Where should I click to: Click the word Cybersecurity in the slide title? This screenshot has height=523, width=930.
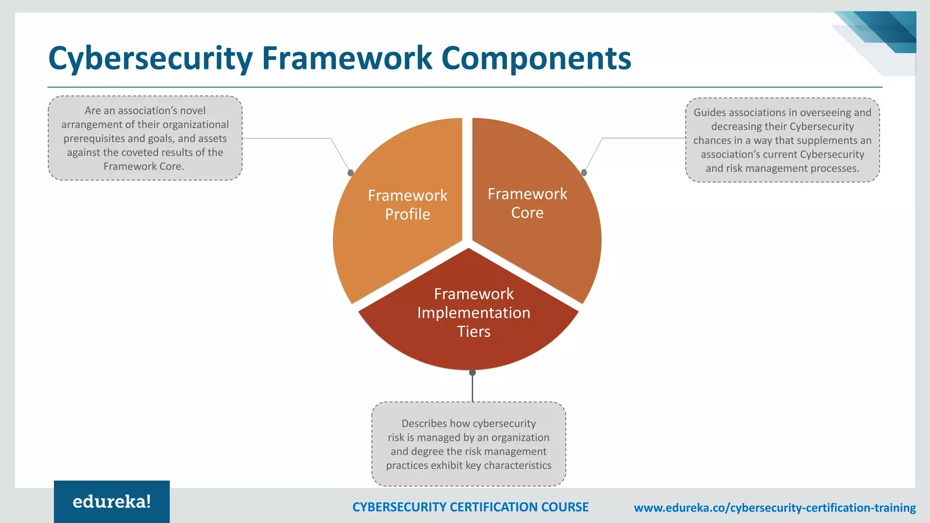pos(150,59)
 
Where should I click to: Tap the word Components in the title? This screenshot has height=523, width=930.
pos(536,59)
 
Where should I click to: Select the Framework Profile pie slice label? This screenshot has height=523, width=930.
pos(407,205)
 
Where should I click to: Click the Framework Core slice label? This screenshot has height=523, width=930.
pos(527,203)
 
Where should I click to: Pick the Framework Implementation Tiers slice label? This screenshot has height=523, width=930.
pos(474,312)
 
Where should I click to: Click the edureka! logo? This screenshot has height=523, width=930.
pos(112,502)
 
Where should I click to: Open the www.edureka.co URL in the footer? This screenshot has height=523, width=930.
pos(775,508)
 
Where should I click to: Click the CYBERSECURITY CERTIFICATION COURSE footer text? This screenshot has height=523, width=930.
pos(470,507)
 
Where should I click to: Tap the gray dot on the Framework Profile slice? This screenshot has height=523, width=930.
pos(351,173)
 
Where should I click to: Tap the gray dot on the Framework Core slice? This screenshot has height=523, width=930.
pos(584,173)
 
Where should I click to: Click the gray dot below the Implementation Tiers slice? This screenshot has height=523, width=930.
pos(472,373)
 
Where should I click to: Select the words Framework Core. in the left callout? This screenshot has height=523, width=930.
pos(143,167)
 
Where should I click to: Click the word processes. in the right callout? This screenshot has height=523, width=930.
pos(835,168)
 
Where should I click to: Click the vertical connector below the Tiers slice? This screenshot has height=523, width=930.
pos(472,389)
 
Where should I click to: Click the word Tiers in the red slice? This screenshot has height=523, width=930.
pos(474,331)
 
